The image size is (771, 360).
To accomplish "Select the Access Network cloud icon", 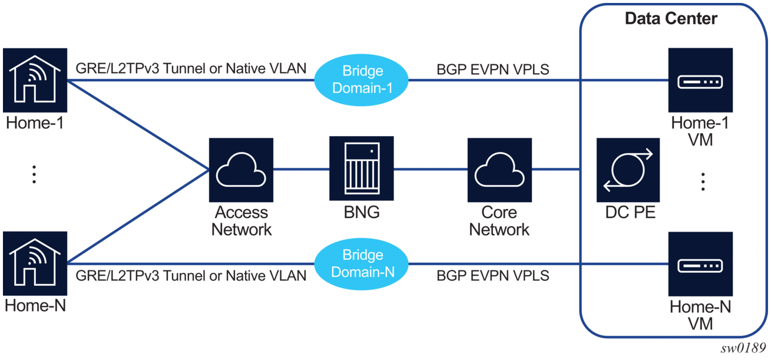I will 241,170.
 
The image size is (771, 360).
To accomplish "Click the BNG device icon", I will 362,170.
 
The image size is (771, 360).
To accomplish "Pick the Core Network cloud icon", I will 499,170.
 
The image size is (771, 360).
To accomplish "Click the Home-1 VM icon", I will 700,80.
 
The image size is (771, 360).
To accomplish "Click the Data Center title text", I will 671,19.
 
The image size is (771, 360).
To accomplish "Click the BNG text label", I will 362,213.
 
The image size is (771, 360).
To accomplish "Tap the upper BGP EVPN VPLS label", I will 492,69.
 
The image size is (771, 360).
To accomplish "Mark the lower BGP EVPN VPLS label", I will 492,275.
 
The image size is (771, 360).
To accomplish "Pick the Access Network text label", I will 241,221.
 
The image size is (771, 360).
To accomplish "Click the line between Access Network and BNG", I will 302,170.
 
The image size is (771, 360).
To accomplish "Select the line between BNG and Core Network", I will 431,170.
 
